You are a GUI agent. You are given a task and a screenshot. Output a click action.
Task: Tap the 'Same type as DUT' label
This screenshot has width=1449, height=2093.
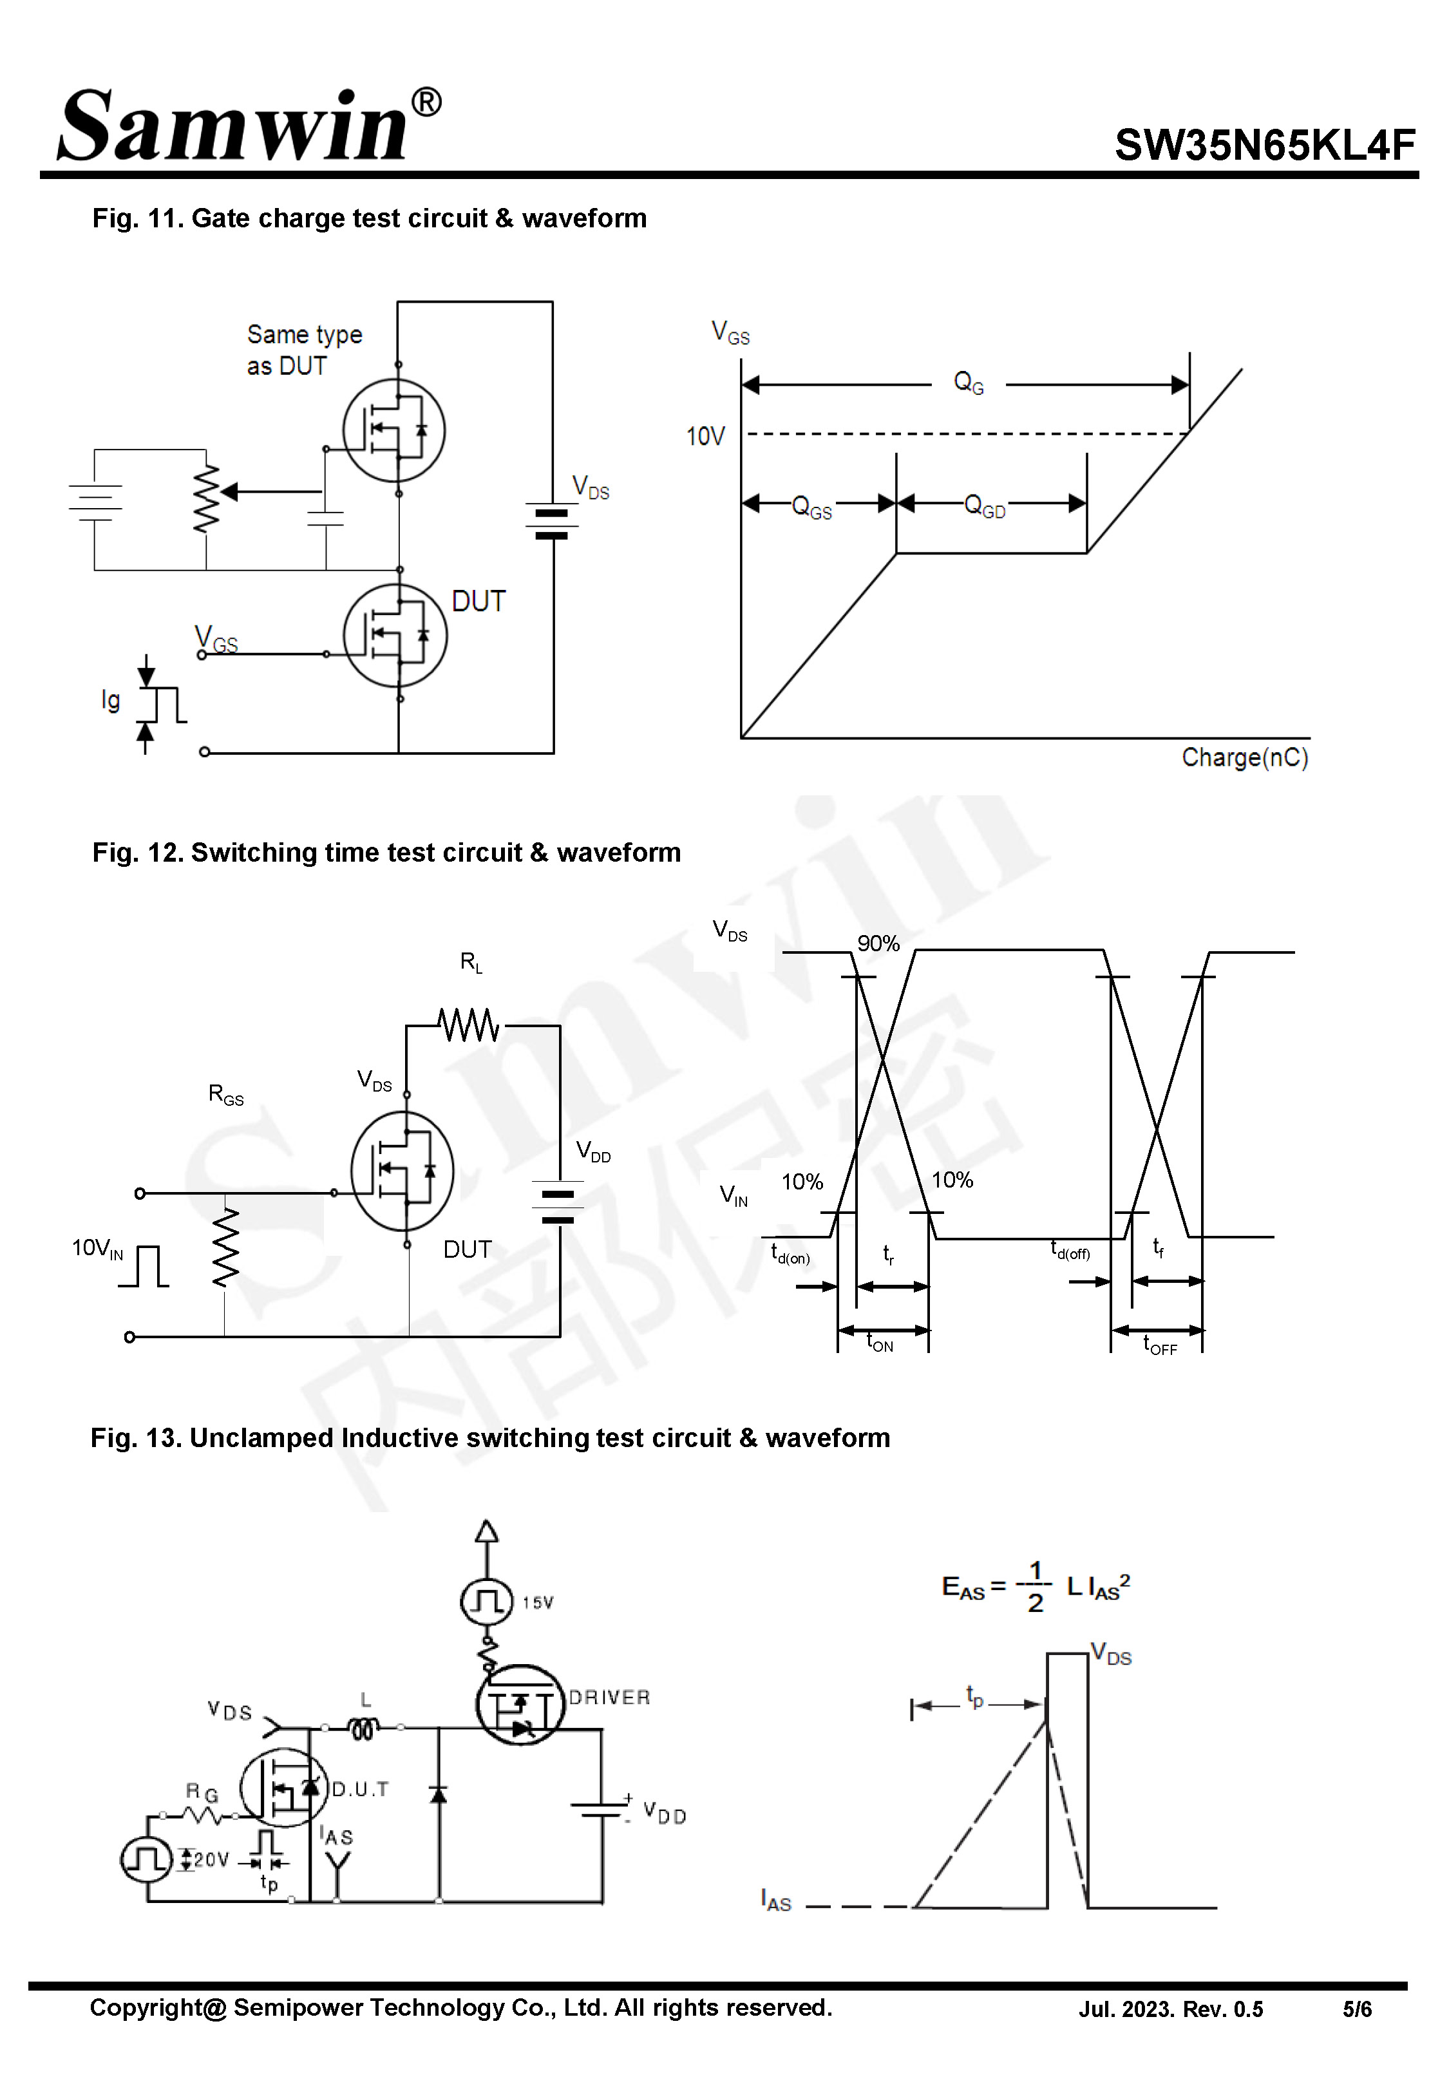click(x=303, y=350)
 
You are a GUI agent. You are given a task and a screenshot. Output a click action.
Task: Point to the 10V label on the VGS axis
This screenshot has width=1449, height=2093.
click(x=705, y=437)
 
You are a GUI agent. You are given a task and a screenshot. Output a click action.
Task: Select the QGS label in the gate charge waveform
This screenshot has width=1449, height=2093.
click(x=811, y=506)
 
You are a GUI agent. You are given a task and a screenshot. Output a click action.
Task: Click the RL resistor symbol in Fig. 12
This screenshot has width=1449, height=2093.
click(x=468, y=1026)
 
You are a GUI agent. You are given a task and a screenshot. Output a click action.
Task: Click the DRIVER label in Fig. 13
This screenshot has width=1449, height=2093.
click(x=609, y=1698)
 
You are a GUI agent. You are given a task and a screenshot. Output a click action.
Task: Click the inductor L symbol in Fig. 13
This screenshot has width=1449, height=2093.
click(x=364, y=1728)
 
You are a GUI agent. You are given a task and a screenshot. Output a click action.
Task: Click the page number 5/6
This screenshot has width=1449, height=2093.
click(x=1356, y=2009)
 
